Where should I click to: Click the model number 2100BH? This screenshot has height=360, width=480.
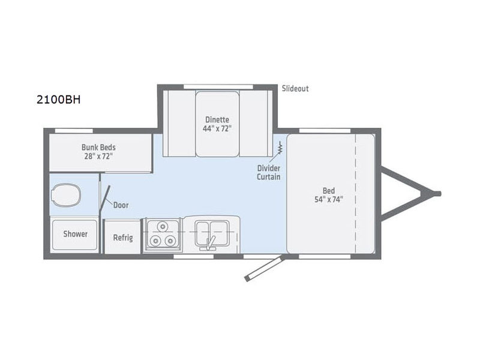point(58,99)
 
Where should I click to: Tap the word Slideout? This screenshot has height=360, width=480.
point(295,89)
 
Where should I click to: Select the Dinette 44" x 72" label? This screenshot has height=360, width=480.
point(217,124)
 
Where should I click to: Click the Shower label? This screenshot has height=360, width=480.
point(76,234)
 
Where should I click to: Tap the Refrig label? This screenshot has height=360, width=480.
point(123,237)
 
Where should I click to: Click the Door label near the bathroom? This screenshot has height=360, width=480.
point(121,205)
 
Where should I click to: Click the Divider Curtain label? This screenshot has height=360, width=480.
point(269,173)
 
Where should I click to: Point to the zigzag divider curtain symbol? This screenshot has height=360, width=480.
point(280,146)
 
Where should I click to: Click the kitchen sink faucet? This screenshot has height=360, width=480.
point(211,241)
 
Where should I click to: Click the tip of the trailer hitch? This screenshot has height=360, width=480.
point(438,194)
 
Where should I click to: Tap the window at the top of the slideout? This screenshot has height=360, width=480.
point(217,86)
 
